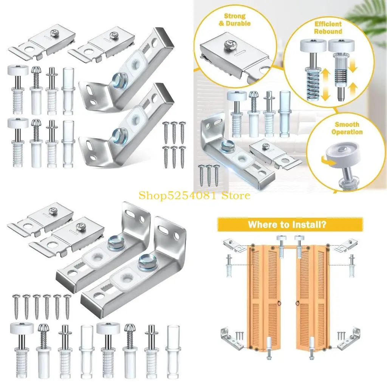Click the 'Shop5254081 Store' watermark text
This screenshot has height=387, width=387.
coord(194,195)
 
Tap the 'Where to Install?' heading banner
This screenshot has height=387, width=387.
coord(287,224)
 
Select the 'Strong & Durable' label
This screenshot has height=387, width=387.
coord(235,20)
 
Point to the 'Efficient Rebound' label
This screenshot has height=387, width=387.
coord(328,28)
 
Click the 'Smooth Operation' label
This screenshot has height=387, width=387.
coord(347,128)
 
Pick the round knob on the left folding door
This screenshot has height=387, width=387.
coord(279,303)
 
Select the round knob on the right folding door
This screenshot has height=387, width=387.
coord(297,303)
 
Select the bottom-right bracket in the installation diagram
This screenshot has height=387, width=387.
coord(348,338)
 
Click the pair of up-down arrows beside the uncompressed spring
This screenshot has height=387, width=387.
coord(324,85)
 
